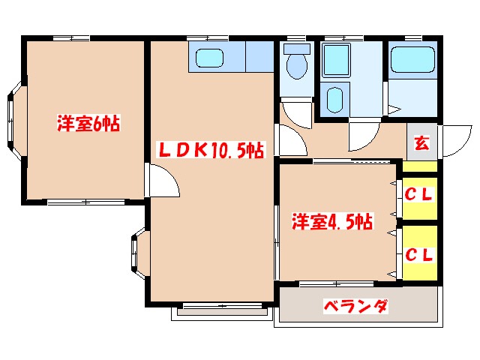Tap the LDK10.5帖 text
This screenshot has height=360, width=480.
tap(209, 150)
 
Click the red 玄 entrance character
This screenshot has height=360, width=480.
tap(421, 142)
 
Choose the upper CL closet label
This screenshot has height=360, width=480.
tap(419, 195)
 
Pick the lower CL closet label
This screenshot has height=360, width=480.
tap(419, 254)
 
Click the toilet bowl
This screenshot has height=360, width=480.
tap(298, 64)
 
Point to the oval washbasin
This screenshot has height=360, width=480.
tap(335, 98)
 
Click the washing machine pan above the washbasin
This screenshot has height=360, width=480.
tap(334, 59)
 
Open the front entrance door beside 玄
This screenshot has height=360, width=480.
tap(453, 140)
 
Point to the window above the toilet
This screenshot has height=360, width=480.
tap(297, 37)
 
